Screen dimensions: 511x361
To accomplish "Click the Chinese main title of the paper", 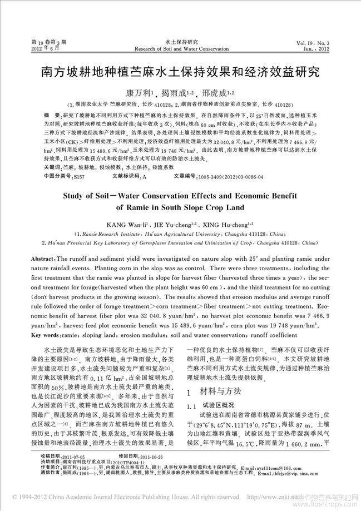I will coord(180,72).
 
